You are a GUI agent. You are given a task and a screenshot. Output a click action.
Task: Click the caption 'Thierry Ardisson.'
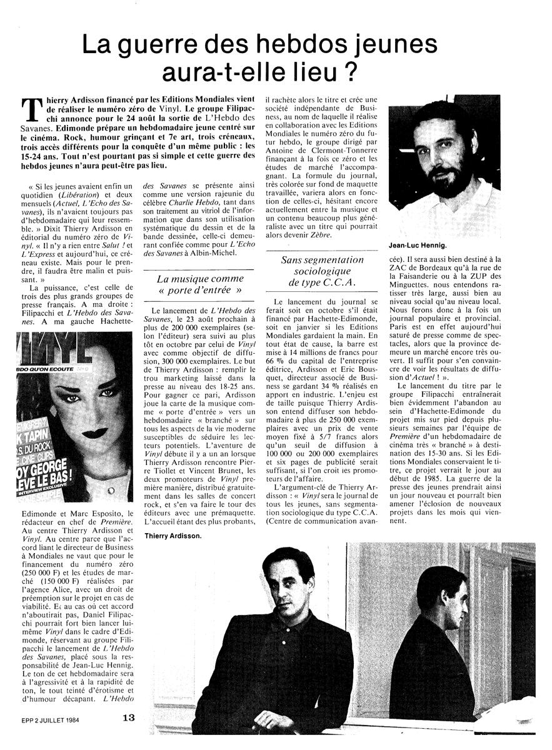(172, 536)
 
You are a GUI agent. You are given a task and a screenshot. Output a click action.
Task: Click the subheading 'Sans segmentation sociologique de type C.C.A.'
(323, 271)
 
